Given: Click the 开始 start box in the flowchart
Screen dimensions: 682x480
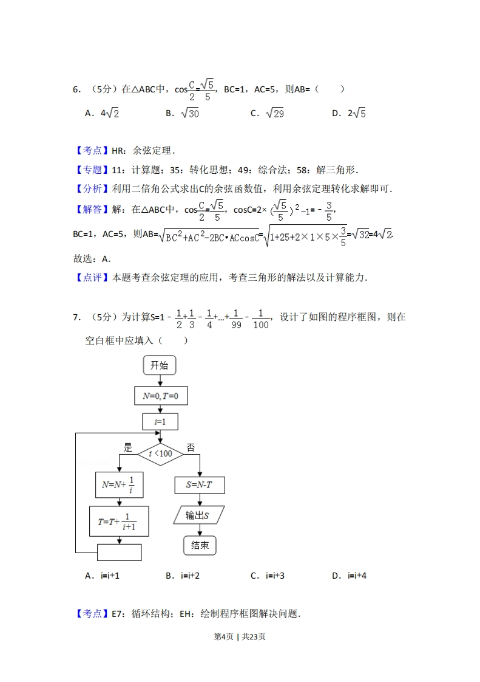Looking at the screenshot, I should point(159,365).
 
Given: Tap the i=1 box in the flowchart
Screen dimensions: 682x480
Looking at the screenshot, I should point(160,422).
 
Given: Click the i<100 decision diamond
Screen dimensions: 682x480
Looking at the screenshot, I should point(160,453).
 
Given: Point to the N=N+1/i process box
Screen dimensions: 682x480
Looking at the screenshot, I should point(119,484).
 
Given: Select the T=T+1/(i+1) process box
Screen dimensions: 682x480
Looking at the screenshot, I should point(119,521).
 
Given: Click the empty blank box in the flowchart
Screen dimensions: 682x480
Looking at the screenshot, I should point(119,552).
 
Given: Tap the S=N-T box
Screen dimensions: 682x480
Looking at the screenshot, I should point(200,484).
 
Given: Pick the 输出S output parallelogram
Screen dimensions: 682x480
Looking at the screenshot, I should point(198,515).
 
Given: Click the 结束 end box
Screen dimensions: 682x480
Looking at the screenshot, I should point(200,545).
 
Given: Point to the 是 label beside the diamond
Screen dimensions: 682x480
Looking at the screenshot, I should point(127,447).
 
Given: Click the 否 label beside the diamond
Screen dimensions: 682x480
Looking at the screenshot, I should point(191,447).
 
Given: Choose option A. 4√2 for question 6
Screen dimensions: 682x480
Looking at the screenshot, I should point(102,113).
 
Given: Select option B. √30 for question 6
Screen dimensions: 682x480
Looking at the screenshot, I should point(182,113).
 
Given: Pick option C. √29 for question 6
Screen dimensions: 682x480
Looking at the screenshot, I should point(267,113).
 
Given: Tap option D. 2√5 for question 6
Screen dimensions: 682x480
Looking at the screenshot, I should point(349,113).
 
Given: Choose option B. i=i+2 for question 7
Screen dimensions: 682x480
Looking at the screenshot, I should point(182,575).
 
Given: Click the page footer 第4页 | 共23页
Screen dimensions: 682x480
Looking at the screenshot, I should point(240,636).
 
